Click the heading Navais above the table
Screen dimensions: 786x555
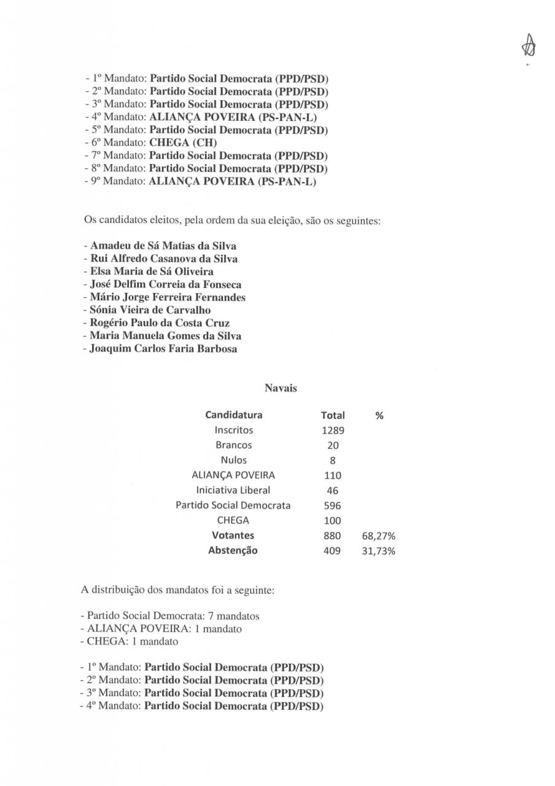(281, 388)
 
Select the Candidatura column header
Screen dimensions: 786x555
(233, 415)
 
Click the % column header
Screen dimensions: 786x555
(379, 416)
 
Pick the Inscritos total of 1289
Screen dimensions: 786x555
(333, 430)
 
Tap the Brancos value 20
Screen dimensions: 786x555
(333, 445)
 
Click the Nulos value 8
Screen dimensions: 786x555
(333, 461)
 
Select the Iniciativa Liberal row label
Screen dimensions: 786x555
(233, 491)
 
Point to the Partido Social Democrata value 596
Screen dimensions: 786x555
(333, 506)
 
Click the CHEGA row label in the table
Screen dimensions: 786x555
(233, 521)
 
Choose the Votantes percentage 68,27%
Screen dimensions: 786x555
(379, 536)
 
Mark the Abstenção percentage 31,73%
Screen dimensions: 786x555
(379, 551)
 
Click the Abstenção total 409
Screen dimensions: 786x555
(333, 551)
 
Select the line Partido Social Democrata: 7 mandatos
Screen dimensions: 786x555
(170, 616)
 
